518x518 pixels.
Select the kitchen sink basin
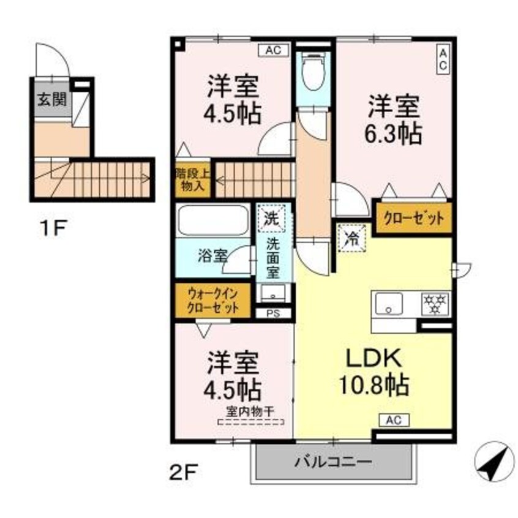point(388,302)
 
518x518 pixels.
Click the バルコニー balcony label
point(331,462)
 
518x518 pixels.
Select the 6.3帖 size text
point(394,133)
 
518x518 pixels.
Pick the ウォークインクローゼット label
point(212,300)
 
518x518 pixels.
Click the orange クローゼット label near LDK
point(413,218)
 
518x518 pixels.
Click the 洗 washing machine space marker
point(269,216)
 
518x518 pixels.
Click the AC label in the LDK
point(394,419)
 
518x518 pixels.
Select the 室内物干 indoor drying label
point(251,412)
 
